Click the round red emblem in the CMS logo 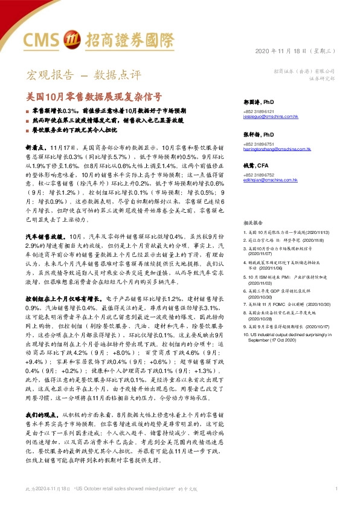(69, 39)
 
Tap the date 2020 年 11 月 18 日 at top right (294, 50)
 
